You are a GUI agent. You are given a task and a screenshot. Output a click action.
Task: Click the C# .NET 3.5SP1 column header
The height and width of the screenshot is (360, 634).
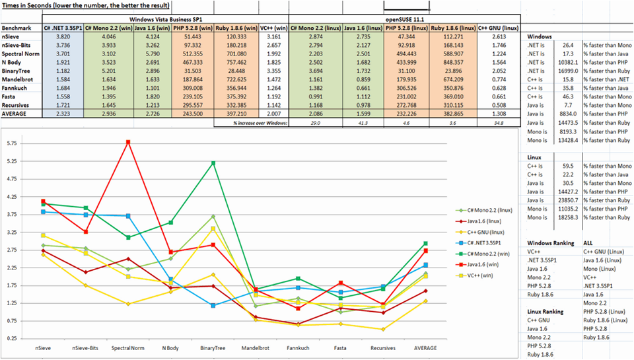pyautogui.click(x=63, y=29)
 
